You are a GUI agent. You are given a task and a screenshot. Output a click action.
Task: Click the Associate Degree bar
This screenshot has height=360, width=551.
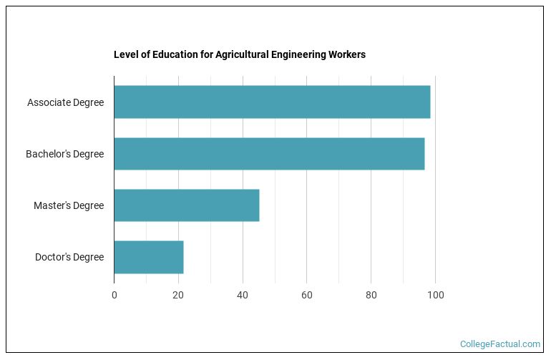tap(272, 102)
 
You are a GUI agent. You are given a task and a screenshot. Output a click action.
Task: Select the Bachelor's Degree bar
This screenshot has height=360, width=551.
tap(269, 154)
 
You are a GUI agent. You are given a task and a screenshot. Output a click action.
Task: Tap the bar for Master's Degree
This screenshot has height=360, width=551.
tap(186, 205)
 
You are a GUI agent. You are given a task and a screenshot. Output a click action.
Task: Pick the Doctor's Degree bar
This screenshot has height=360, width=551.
tap(148, 257)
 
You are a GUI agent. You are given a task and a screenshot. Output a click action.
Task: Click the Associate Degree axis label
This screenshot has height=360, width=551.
tap(65, 102)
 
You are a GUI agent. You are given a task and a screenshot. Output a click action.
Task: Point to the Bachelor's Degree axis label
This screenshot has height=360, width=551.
tap(64, 154)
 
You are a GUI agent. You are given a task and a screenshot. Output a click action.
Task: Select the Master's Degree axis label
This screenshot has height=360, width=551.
tap(69, 205)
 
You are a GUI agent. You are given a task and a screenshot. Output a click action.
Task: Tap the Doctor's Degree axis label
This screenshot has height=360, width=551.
tap(69, 257)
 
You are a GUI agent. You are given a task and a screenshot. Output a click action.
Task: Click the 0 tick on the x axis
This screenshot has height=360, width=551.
tap(114, 295)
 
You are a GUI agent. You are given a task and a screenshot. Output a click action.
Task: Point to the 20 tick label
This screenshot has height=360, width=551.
tap(178, 295)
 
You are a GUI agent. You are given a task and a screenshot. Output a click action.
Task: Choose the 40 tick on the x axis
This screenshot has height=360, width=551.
tap(243, 295)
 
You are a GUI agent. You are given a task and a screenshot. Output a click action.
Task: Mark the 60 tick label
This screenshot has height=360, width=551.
tap(306, 295)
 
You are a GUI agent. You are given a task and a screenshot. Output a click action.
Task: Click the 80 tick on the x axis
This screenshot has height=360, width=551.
tap(371, 295)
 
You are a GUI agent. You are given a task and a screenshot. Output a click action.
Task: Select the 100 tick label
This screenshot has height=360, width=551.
tap(435, 295)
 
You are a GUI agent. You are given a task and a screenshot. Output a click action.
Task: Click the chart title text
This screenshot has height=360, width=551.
tap(240, 55)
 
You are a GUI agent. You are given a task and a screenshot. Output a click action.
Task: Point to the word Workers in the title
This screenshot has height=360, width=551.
tap(346, 55)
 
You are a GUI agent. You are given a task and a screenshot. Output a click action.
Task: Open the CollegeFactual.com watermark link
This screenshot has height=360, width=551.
tap(500, 344)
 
